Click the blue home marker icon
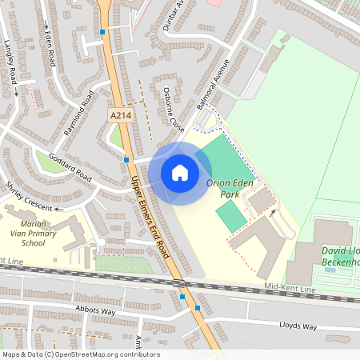(180, 172)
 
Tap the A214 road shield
(119, 116)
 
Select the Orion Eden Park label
(230, 188)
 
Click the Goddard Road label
(70, 166)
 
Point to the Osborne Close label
(174, 107)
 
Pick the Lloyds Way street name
(298, 326)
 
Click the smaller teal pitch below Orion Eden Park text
(231, 216)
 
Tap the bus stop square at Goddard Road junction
(126, 159)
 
